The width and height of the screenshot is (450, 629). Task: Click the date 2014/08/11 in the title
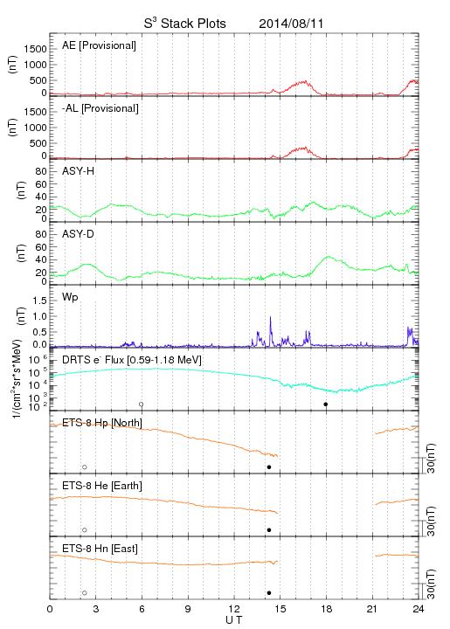[x=291, y=24]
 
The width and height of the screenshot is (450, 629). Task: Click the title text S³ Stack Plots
[x=185, y=24]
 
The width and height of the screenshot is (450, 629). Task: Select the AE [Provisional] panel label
[x=99, y=45]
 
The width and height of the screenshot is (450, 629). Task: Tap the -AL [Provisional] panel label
[x=100, y=108]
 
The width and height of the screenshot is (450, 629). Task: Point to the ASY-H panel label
[x=79, y=171]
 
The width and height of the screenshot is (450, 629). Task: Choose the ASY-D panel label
[x=79, y=234]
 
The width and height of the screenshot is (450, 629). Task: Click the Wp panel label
[x=70, y=297]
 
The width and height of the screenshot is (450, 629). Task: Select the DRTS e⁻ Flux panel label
[x=132, y=360]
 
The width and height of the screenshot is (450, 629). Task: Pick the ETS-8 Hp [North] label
[x=102, y=423]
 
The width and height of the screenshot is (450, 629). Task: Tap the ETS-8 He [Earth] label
[x=102, y=486]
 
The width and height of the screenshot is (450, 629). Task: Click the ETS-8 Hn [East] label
[x=100, y=549]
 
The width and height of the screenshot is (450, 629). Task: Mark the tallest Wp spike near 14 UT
[x=270, y=317]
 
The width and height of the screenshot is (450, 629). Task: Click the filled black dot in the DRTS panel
[x=326, y=404]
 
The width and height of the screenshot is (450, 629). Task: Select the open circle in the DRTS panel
[x=142, y=404]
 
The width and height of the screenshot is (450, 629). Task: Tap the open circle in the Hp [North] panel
[x=85, y=467]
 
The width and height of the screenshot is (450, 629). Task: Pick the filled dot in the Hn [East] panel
[x=269, y=593]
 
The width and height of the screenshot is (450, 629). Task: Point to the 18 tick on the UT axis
[x=327, y=609]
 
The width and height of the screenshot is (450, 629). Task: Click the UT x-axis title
[x=234, y=620]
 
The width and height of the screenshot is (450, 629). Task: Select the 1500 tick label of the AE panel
[x=35, y=49]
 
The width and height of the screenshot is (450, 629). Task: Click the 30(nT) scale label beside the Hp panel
[x=431, y=459]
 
